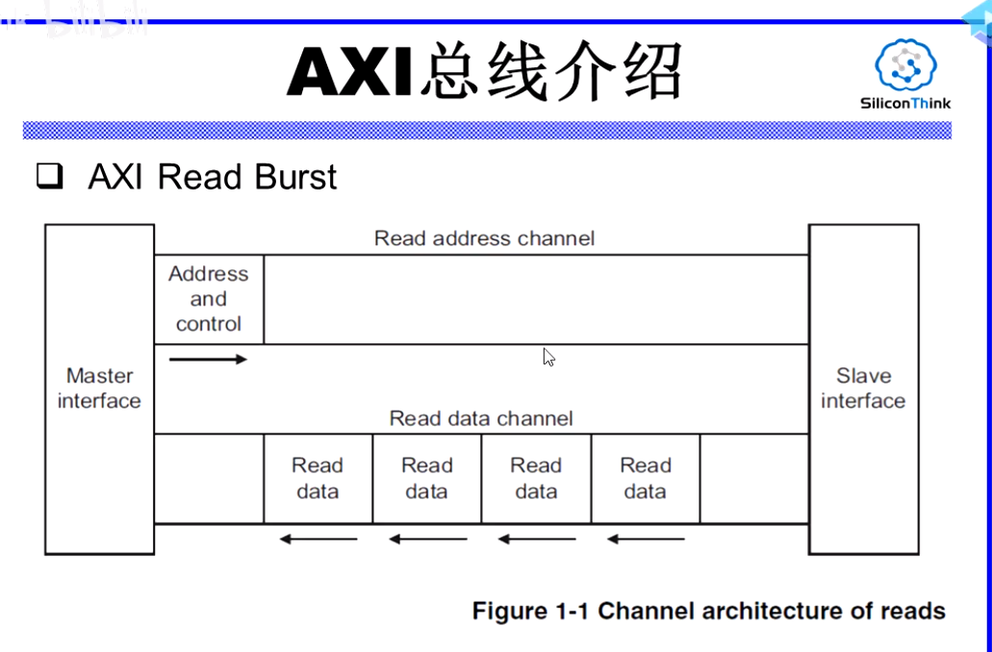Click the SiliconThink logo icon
[905, 65]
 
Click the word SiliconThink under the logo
[904, 104]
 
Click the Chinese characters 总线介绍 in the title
[550, 72]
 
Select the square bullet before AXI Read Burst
[49, 177]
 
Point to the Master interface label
[99, 389]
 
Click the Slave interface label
[863, 389]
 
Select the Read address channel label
[484, 238]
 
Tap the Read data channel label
[480, 418]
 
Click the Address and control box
[209, 299]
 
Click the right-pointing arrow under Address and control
[208, 360]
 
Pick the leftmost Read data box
[318, 478]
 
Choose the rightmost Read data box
[645, 478]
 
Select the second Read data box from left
[426, 478]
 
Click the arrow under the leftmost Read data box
[318, 539]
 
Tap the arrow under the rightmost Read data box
[646, 539]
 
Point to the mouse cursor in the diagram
[548, 357]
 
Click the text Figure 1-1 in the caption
[531, 611]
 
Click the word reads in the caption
[912, 611]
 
